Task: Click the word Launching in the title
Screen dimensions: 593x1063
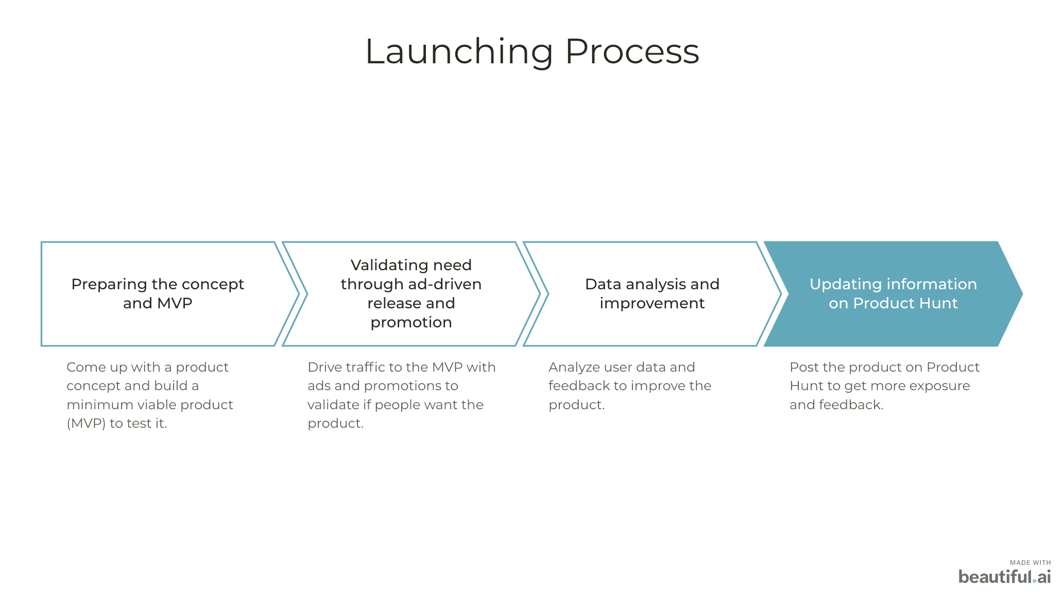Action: click(x=459, y=51)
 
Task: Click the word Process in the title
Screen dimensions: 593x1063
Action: click(x=632, y=51)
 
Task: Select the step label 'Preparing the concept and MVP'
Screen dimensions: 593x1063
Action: click(x=158, y=293)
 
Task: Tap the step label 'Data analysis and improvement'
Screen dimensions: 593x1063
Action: click(x=652, y=293)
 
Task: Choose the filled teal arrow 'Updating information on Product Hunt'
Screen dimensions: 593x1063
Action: click(x=893, y=293)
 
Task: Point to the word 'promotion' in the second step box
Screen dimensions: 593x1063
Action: click(x=411, y=322)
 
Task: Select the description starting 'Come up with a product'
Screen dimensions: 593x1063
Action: click(x=149, y=395)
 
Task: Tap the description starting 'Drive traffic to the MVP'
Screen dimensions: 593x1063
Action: click(x=401, y=395)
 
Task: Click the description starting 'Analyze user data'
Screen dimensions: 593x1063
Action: click(x=629, y=386)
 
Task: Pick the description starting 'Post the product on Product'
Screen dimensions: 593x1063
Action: click(x=884, y=386)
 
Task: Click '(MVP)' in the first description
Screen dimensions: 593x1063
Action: click(x=86, y=423)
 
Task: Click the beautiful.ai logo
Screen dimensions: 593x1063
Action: click(x=1004, y=577)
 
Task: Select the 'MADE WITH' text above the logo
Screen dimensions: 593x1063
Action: click(x=1030, y=563)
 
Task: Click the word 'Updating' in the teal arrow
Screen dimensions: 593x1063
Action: click(x=840, y=284)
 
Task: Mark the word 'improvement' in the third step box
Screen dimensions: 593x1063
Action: click(x=652, y=303)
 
